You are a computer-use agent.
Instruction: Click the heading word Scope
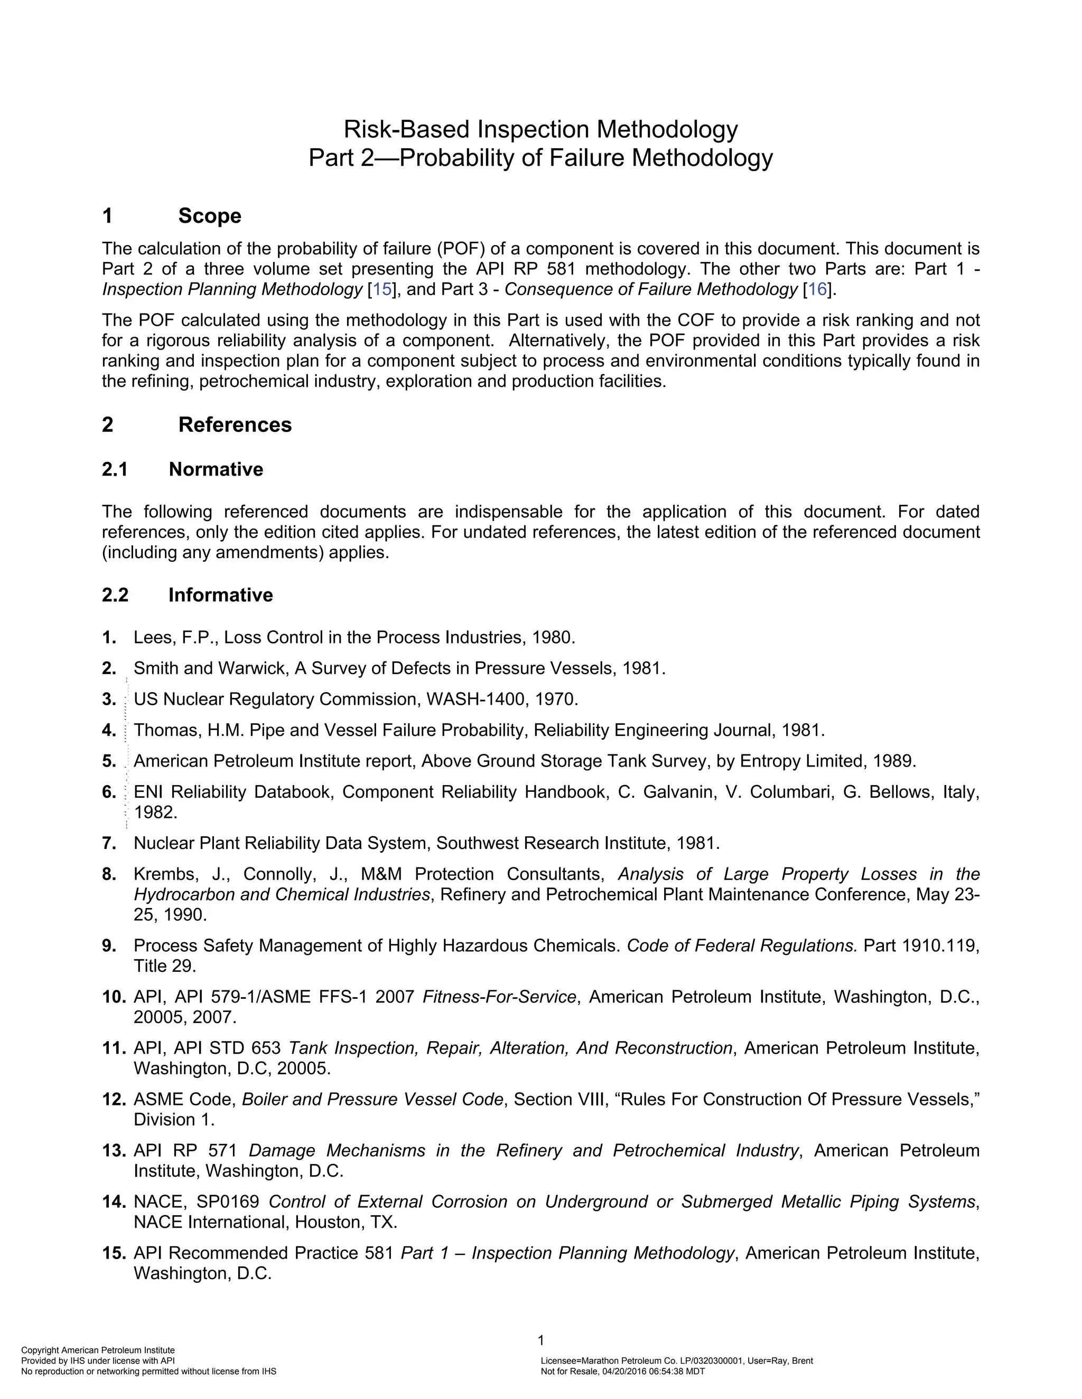210,216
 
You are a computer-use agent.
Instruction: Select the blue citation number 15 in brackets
381,289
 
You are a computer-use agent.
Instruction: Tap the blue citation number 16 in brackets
817,289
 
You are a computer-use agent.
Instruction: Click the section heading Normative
216,469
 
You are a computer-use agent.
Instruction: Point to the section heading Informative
220,595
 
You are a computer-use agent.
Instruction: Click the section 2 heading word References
235,424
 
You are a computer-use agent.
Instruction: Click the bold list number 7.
108,844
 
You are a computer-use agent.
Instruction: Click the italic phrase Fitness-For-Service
499,997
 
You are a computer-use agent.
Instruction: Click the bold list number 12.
114,1100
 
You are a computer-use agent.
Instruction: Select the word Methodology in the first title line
667,130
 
